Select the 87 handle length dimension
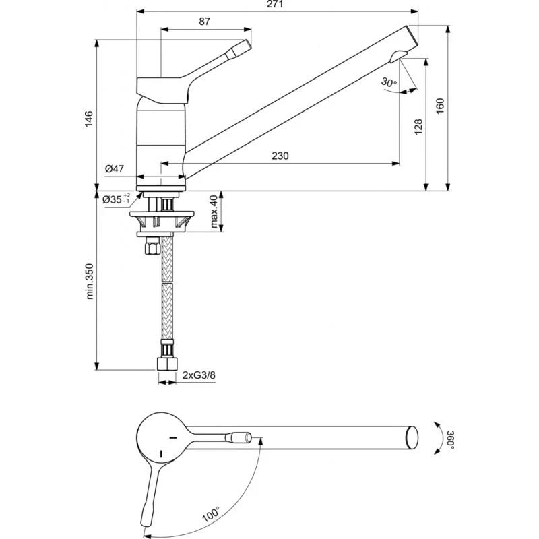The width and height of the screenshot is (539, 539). tap(205, 22)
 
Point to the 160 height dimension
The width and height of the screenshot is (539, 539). tap(440, 106)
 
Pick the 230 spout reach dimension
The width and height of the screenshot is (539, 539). tap(280, 156)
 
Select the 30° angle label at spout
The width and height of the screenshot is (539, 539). tap(389, 82)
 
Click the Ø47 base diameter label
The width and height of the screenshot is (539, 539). tap(115, 169)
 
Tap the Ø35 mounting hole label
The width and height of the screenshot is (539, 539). tap(116, 199)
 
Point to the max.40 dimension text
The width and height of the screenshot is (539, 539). tap(214, 212)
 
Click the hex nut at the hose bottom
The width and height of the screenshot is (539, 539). tap(165, 364)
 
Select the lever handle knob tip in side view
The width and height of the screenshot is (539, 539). tap(241, 47)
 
